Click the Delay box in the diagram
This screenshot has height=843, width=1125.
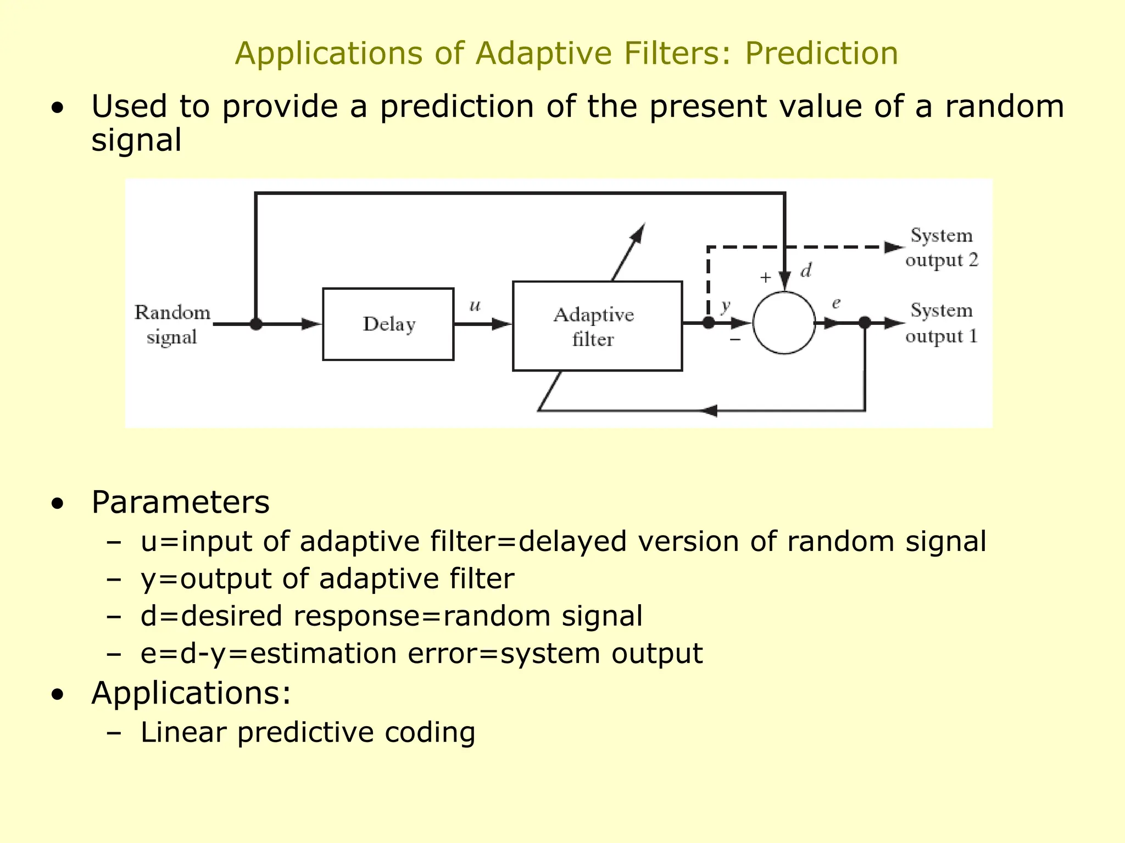(x=388, y=324)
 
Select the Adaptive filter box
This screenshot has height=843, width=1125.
(x=597, y=326)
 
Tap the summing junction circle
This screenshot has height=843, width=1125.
(x=784, y=323)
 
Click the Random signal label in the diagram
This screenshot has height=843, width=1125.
(x=172, y=324)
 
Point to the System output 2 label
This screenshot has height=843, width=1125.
(x=942, y=248)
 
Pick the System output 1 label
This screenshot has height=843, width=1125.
(x=942, y=323)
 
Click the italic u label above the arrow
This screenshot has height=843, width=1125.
(x=475, y=305)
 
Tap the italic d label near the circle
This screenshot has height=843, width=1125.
(x=806, y=271)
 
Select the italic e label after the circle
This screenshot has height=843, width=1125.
(x=836, y=303)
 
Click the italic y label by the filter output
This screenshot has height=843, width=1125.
(x=726, y=305)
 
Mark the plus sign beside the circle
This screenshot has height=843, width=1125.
(x=765, y=278)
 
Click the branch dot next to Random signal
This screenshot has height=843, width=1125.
(x=256, y=324)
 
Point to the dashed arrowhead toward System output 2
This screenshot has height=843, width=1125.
(x=893, y=248)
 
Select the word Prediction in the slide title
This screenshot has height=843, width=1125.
(x=821, y=54)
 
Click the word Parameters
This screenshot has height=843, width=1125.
(x=180, y=502)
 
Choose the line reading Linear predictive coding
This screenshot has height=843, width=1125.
(x=308, y=732)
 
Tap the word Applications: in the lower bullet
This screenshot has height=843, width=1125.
(x=191, y=693)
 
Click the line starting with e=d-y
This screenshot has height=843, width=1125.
(x=421, y=654)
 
